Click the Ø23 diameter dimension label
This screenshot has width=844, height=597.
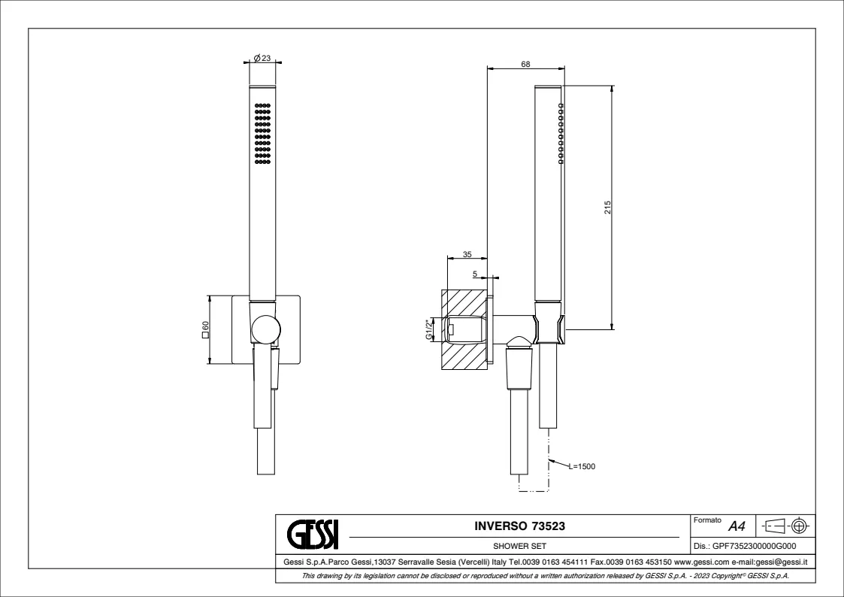point(262,58)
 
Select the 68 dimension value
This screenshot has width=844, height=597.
point(525,64)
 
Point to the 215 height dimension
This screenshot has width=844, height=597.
point(608,208)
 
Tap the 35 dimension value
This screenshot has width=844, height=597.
point(467,255)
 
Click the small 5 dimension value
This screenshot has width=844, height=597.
point(475,274)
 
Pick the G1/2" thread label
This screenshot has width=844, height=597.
point(429,329)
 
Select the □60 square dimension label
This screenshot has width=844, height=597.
point(205,329)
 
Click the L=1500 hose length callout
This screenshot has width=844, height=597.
point(582,467)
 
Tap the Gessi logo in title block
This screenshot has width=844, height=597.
point(313,534)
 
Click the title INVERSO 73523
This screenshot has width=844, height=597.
point(519,526)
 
